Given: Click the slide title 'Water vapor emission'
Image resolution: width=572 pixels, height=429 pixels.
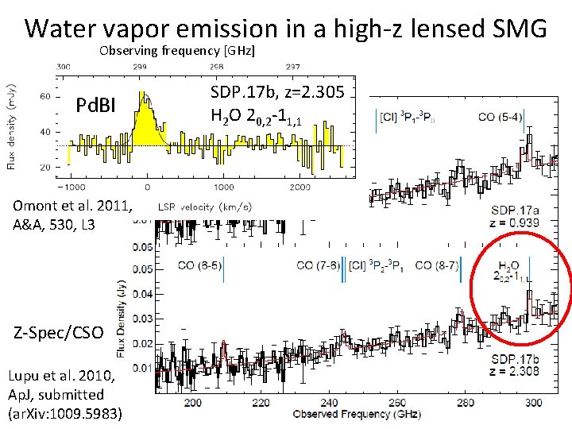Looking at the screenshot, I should (285, 29).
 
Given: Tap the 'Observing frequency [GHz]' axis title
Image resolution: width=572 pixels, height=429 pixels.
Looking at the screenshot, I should (177, 51).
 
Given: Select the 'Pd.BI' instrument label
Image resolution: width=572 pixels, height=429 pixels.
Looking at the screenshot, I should (98, 106).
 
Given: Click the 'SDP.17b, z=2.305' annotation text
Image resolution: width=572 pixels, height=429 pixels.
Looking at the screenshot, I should (277, 92).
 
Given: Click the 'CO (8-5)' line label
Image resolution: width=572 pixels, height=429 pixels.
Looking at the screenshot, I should (199, 266).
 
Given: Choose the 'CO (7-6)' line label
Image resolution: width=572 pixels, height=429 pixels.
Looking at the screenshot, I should (319, 266).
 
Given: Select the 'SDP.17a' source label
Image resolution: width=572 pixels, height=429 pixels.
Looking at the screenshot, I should (516, 210).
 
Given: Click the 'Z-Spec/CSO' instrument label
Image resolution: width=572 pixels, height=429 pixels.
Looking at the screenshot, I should (57, 333).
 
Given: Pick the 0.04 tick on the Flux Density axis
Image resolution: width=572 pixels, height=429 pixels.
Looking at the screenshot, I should (144, 295).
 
